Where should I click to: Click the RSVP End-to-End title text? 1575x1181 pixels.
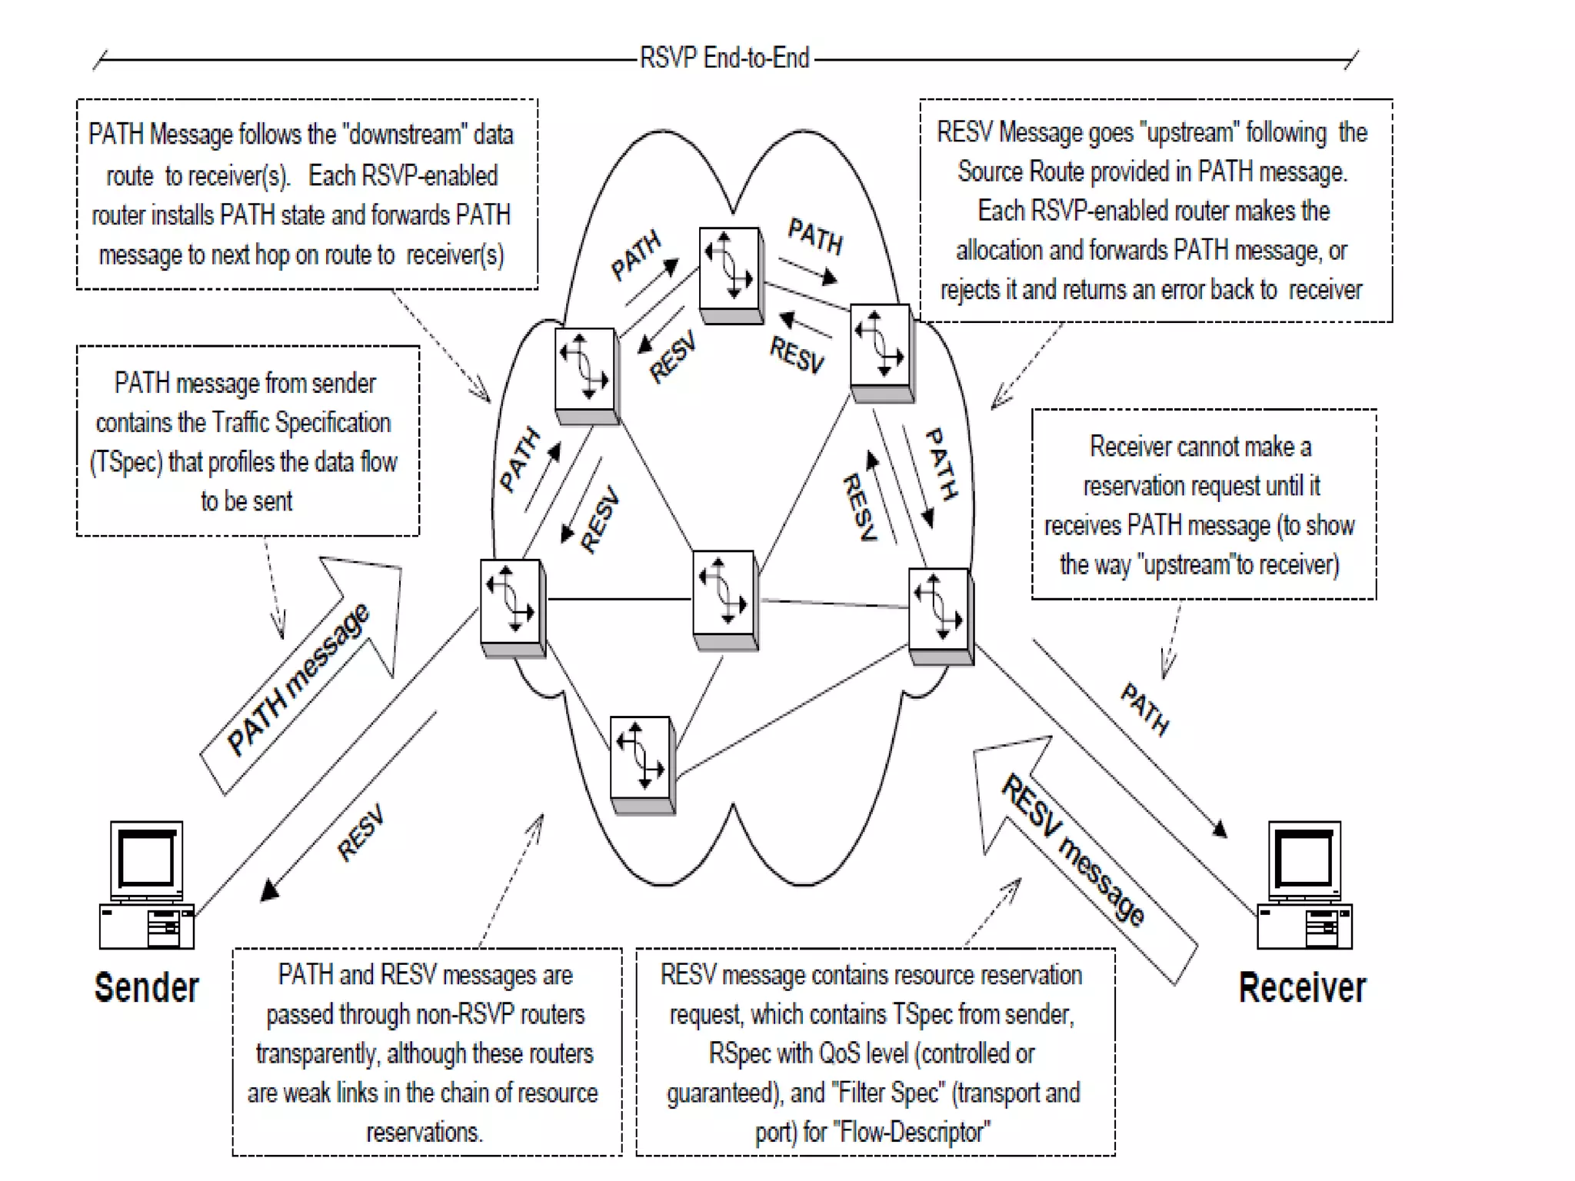click(x=724, y=58)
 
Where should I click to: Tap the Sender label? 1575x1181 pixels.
click(x=146, y=988)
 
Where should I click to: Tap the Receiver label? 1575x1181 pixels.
click(x=1302, y=988)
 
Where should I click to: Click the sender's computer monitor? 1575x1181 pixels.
click(x=146, y=859)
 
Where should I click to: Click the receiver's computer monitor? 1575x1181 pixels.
click(x=1304, y=859)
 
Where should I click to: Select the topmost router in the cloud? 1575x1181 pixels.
click(x=731, y=273)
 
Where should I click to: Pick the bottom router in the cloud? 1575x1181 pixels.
click(x=642, y=763)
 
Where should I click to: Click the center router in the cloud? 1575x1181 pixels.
click(x=724, y=597)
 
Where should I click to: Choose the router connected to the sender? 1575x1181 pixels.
click(x=512, y=606)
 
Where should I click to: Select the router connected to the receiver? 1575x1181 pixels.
click(x=940, y=614)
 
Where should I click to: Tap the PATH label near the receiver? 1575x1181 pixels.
click(x=1144, y=709)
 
